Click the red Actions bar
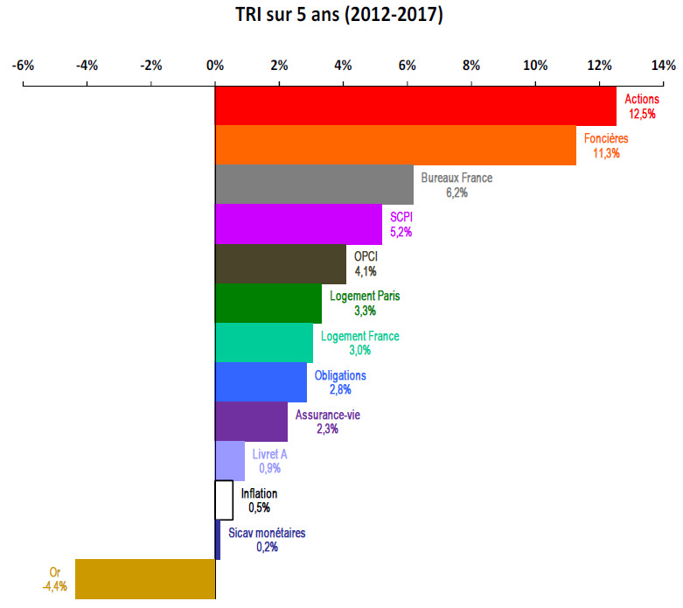415,106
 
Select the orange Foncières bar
395,145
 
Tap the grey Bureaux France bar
314,185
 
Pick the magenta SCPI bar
298,224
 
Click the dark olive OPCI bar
281,263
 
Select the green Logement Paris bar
268,303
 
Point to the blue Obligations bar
261,381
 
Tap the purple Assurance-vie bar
251,421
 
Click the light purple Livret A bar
230,460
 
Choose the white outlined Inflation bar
224,500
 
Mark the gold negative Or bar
145,578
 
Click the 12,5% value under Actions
643,114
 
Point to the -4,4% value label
55,586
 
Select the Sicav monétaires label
267,533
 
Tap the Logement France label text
359,336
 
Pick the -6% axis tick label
23,65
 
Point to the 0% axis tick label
215,65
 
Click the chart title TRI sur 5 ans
339,16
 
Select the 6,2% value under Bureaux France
456,192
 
